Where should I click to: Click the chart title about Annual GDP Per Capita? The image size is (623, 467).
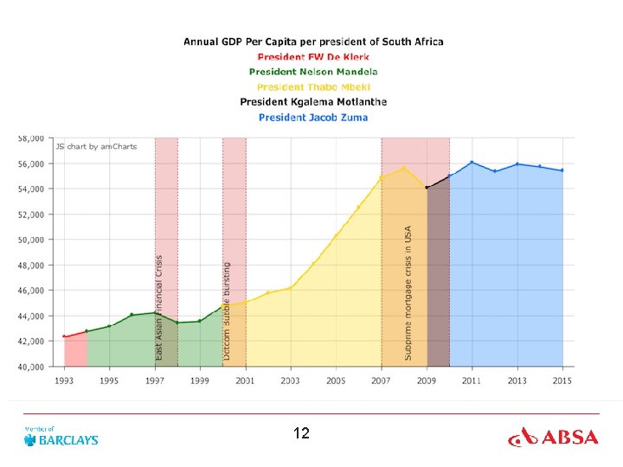pyautogui.click(x=313, y=42)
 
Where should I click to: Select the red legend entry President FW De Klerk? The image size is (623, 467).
pyautogui.click(x=313, y=57)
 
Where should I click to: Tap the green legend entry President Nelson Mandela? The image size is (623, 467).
pyautogui.click(x=313, y=72)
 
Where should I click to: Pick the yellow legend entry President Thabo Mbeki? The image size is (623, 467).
pyautogui.click(x=313, y=87)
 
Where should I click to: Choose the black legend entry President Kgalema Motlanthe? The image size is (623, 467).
pyautogui.click(x=313, y=102)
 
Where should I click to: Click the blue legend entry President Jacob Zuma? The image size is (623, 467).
pyautogui.click(x=313, y=118)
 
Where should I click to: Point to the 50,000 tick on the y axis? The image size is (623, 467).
pyautogui.click(x=31, y=240)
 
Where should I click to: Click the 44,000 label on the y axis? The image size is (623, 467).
pyautogui.click(x=31, y=317)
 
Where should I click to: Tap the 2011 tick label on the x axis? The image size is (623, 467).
pyautogui.click(x=472, y=381)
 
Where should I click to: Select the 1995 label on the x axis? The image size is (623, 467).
pyautogui.click(x=109, y=381)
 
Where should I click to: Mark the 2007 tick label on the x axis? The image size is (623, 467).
pyautogui.click(x=381, y=381)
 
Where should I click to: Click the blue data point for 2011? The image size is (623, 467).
pyautogui.click(x=472, y=163)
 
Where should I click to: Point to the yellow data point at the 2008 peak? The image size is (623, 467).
pyautogui.click(x=404, y=168)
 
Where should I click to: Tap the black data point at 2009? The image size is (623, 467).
pyautogui.click(x=427, y=188)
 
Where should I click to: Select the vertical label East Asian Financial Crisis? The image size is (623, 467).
pyautogui.click(x=158, y=308)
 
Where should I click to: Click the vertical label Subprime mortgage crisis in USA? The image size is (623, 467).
pyautogui.click(x=408, y=293)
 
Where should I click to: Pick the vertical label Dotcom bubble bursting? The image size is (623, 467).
pyautogui.click(x=227, y=311)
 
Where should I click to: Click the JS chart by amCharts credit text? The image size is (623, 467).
pyautogui.click(x=96, y=146)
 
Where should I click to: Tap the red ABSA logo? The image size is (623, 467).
pyautogui.click(x=553, y=438)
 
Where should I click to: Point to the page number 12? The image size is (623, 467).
pyautogui.click(x=301, y=433)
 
